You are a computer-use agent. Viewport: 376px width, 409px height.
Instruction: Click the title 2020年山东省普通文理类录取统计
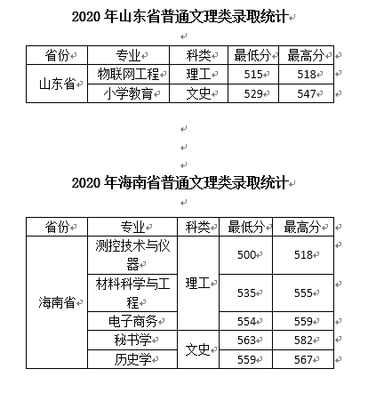point(180,16)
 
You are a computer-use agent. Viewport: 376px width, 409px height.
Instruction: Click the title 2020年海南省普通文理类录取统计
point(180,182)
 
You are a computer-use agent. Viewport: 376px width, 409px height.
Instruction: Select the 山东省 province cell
point(57,84)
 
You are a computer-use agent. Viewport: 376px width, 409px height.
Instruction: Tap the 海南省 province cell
point(57,302)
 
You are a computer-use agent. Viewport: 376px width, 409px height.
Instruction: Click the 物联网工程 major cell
point(128,74)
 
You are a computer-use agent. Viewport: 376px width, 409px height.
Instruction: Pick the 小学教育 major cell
point(128,93)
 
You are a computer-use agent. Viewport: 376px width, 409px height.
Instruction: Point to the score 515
point(253,74)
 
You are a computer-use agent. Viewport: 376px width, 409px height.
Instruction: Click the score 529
point(253,93)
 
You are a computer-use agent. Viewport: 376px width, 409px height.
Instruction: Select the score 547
point(307,93)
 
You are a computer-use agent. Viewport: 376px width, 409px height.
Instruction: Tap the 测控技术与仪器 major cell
point(132,255)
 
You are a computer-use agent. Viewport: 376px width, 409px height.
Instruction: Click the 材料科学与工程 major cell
point(132,293)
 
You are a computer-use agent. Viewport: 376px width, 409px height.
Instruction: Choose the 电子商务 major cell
point(132,321)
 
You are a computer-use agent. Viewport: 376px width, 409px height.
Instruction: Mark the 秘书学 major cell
point(132,340)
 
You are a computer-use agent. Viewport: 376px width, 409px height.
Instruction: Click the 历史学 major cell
point(132,359)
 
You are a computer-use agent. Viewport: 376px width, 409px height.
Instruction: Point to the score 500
point(246,255)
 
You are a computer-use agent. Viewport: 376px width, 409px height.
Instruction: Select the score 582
point(303,340)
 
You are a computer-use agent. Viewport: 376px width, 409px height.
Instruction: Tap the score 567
point(303,359)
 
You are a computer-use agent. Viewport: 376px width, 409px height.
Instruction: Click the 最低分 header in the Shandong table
point(252,55)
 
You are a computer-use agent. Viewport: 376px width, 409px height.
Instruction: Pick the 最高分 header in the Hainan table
point(302,227)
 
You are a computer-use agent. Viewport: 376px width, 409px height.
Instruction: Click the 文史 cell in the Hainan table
point(197,349)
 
